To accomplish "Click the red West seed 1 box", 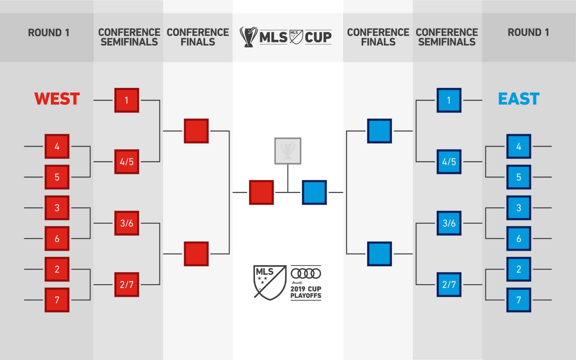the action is click(127, 100).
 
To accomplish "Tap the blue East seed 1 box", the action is click(449, 100).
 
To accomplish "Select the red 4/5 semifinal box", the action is click(127, 162).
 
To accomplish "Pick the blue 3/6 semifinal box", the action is click(449, 223).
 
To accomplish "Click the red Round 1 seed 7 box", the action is click(57, 300).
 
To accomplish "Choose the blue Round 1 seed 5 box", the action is click(519, 177).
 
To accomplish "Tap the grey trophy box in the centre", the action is click(288, 151).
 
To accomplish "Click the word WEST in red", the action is click(57, 99).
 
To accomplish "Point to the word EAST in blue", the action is click(519, 99).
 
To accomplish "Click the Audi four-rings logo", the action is click(306, 273).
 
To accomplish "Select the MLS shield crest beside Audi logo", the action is click(270, 282).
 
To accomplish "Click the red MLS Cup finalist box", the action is click(261, 192).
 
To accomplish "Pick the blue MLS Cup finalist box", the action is click(314, 192).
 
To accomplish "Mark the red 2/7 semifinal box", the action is click(127, 285).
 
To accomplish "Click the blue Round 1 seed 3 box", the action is click(519, 208).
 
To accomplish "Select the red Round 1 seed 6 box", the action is click(57, 238).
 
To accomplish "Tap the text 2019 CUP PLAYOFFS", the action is click(306, 292).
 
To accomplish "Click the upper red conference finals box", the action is click(196, 131).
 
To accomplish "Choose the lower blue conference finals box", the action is click(379, 254).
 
